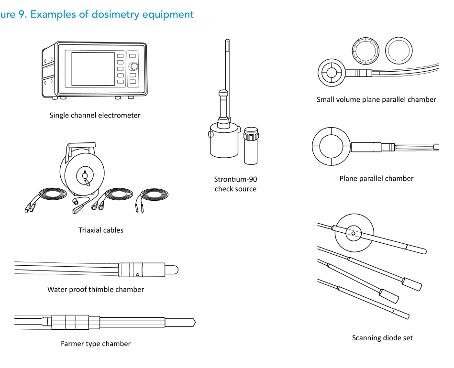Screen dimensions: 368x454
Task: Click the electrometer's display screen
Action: (93, 68)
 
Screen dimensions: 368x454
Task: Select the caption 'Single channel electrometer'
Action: (95, 115)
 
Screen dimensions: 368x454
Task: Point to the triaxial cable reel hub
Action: (85, 176)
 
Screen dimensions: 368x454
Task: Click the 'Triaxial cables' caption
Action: (101, 230)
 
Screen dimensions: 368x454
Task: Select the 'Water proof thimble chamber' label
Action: (96, 289)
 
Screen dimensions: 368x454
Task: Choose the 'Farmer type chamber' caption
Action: (96, 344)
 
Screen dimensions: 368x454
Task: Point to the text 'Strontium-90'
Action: (235, 180)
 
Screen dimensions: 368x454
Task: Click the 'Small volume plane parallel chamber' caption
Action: (376, 99)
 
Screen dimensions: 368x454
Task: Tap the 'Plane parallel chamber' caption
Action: (376, 178)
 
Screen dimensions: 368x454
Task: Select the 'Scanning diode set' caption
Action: (382, 338)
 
